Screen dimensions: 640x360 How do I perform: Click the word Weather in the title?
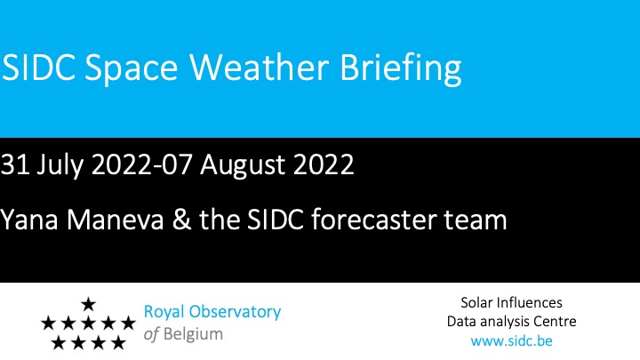[260, 67]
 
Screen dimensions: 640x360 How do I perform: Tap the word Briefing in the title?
[401, 68]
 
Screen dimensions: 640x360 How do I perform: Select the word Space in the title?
[131, 69]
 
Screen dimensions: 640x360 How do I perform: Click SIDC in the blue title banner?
[38, 67]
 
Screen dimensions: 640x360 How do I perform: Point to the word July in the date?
[60, 165]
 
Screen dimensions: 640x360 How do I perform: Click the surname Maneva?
[115, 220]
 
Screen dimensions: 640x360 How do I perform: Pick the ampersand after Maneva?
[181, 220]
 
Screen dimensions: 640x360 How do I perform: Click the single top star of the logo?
[88, 304]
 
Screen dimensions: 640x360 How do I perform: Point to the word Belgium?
[193, 335]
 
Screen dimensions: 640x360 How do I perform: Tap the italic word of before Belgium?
[151, 334]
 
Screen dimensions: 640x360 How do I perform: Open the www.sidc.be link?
[511, 340]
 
